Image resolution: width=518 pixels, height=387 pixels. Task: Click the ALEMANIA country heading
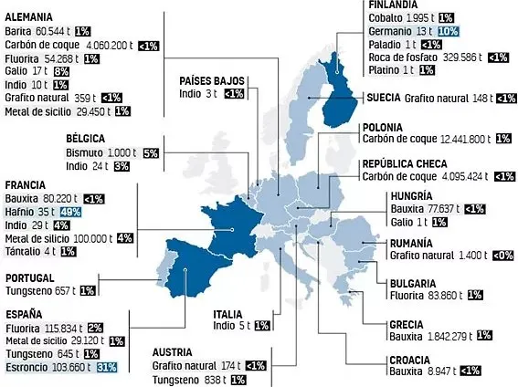tap(27, 17)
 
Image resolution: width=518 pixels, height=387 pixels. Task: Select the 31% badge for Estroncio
tap(107, 367)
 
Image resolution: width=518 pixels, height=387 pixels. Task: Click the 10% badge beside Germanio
tap(448, 31)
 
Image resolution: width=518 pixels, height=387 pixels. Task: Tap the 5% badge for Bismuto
tap(153, 153)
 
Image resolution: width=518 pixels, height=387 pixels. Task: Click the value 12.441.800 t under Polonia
tap(453, 140)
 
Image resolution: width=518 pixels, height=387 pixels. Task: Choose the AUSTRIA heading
tap(173, 351)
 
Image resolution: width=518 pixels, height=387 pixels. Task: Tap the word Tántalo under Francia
tap(22, 251)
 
